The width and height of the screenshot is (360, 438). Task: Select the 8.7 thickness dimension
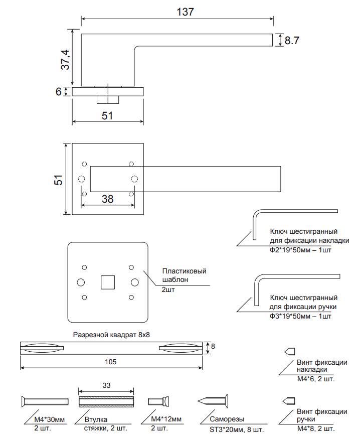pos(292,41)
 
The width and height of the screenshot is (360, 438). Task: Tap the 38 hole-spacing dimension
pos(107,199)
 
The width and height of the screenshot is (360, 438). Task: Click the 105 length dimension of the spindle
pos(111,362)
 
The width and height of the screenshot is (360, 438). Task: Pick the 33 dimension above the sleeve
pos(106,385)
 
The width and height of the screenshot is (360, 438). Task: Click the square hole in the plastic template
pos(107,282)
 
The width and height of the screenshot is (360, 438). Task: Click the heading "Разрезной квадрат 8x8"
pos(111,335)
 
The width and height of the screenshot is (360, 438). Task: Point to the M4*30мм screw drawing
pos(44,401)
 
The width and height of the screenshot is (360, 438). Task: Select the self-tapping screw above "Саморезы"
pos(214,401)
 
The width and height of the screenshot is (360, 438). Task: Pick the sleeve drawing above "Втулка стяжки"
pos(107,401)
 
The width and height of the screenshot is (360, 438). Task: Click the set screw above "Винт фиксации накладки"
pos(290,351)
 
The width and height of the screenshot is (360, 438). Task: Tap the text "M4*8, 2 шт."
pos(315,429)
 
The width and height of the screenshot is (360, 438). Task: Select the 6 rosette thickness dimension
pos(59,92)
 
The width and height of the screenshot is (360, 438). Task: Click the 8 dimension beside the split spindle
pos(213,347)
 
